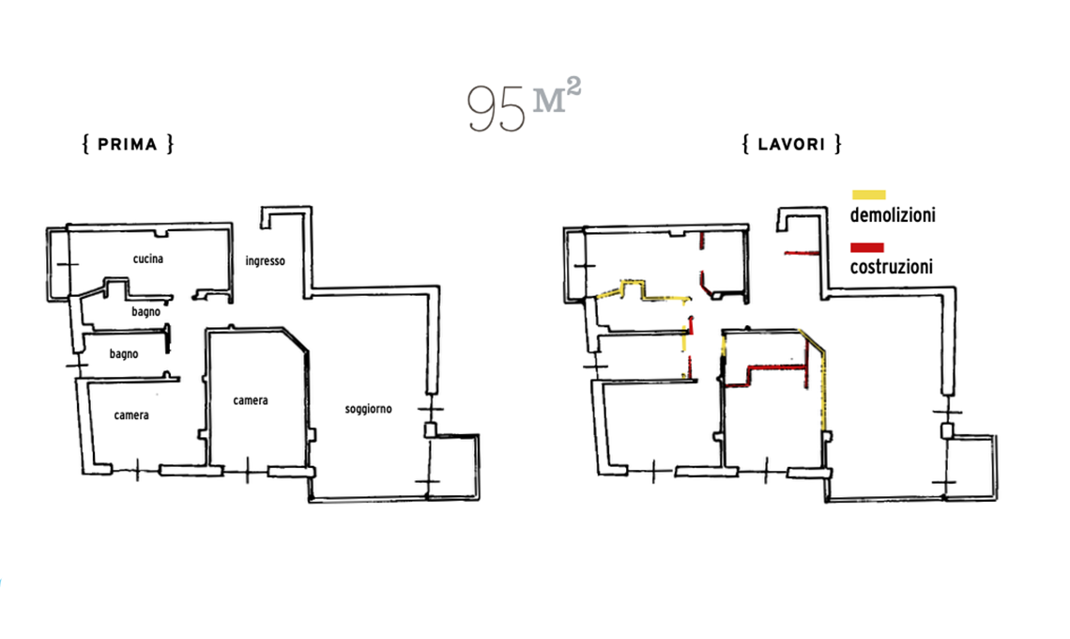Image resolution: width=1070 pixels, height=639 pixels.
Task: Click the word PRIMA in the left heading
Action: pos(128,144)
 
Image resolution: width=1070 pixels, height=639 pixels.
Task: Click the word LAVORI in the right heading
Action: pos(791,144)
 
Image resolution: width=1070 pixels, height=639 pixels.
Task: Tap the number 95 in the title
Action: pos(497,109)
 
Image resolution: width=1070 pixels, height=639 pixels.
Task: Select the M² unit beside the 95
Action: pos(557,96)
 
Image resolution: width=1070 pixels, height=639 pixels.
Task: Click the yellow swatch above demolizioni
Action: pos(869,195)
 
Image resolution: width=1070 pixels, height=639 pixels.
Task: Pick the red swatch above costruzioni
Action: pos(867,247)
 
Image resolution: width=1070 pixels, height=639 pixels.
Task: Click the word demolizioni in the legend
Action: pos(893,215)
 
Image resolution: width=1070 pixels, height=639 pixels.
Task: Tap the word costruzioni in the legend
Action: pos(892,267)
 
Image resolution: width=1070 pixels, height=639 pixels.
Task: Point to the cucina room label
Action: pos(148,258)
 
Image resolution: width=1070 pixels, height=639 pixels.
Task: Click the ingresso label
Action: pos(266,261)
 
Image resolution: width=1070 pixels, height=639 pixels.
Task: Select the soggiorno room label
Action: pos(369,410)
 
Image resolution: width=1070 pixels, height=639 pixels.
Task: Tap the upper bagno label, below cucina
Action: pos(146,312)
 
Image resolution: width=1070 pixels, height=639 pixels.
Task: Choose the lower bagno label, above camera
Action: pos(124,354)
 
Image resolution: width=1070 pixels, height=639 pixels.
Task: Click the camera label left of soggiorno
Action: pos(251,400)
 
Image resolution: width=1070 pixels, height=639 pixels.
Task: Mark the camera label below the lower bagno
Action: pos(131,415)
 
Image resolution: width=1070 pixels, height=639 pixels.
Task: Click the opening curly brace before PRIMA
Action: pos(86,144)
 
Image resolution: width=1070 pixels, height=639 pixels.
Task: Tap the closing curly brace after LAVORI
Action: pos(838,144)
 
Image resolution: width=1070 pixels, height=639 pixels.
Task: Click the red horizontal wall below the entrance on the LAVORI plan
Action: pos(802,254)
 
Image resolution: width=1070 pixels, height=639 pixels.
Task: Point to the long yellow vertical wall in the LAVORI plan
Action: pos(824,390)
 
